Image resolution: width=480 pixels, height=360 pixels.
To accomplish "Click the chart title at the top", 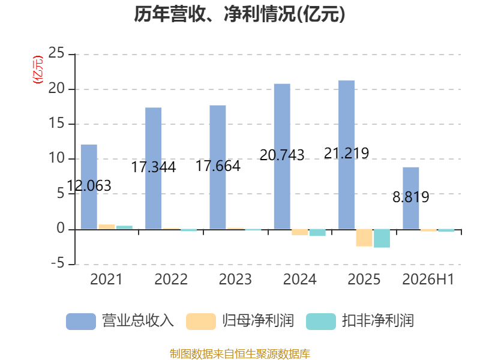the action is click(239, 14).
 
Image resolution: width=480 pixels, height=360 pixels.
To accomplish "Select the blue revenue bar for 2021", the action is click(89, 187).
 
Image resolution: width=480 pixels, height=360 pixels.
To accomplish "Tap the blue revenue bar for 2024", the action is click(282, 157).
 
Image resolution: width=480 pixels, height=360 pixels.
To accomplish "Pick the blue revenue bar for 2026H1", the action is click(411, 198).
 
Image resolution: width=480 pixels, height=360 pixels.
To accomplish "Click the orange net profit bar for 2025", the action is click(364, 238).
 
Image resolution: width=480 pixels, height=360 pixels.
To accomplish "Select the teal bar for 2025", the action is click(382, 238).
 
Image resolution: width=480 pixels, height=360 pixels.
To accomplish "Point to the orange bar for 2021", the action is click(107, 227).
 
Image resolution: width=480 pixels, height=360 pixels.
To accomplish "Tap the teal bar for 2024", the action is click(317, 233).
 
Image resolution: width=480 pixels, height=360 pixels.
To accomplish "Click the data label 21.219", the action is click(347, 154).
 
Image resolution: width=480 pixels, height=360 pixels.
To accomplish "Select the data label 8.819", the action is click(411, 197).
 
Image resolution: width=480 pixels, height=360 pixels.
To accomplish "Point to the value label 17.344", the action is click(154, 167).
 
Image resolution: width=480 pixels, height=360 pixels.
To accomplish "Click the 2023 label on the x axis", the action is click(235, 279).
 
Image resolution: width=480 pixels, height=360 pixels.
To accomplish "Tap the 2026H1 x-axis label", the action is click(428, 279).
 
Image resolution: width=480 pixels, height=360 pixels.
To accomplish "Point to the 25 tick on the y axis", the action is click(56, 53).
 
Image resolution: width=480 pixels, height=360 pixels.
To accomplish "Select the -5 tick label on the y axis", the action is click(58, 263).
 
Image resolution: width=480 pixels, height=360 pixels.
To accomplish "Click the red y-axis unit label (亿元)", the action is click(38, 70).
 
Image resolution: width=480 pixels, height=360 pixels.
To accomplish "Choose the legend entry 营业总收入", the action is click(120, 321).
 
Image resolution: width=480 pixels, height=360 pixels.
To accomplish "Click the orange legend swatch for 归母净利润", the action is click(201, 322).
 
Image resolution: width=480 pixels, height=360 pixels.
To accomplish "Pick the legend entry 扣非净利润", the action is click(360, 321).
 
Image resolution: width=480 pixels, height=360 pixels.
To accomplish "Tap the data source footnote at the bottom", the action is click(240, 354).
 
